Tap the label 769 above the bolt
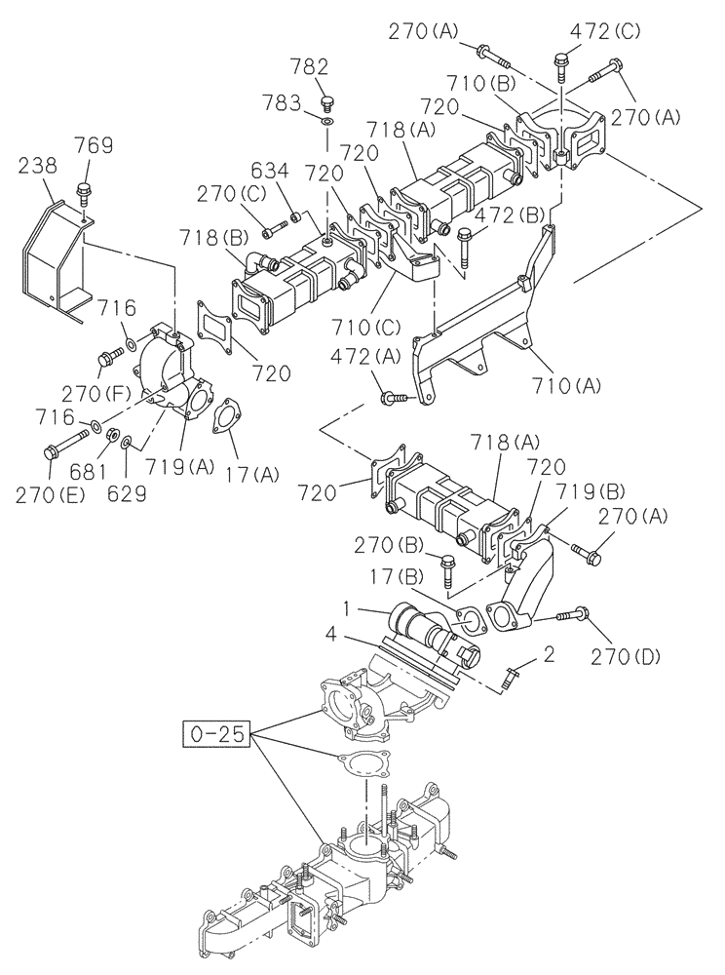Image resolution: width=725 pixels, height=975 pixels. (95, 146)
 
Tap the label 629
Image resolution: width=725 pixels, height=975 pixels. (128, 493)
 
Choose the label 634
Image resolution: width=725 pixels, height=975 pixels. (271, 173)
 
